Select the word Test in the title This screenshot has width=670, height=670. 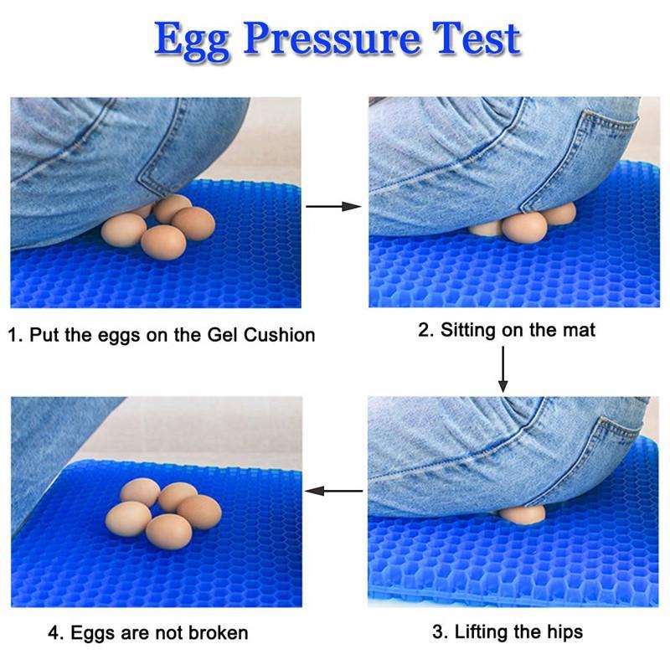tap(477, 39)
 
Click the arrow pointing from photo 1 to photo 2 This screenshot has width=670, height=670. tap(333, 207)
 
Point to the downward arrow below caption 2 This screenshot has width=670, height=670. tap(503, 369)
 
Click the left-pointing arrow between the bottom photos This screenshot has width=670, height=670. tap(333, 491)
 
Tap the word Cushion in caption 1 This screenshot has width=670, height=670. tap(280, 335)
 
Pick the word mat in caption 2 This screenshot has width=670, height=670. tap(578, 330)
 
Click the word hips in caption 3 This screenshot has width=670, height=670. tap(563, 632)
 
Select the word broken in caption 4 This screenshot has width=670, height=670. tap(219, 633)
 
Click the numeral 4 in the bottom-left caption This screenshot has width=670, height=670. tap(54, 633)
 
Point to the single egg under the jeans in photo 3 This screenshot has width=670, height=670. tap(522, 513)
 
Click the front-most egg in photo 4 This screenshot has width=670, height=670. tap(169, 532)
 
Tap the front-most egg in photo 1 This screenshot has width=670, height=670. tap(163, 242)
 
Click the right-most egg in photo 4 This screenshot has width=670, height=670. tap(199, 512)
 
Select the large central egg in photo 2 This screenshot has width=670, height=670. tap(524, 227)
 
